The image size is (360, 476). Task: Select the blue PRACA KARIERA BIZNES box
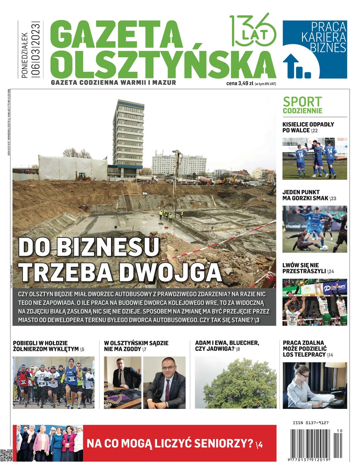click(x=314, y=49)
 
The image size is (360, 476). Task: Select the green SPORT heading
click(x=302, y=102)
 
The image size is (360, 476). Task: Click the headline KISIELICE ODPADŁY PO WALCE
click(x=308, y=127)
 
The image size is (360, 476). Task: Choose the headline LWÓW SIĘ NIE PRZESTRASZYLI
click(x=308, y=268)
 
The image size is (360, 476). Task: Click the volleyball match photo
click(x=314, y=302)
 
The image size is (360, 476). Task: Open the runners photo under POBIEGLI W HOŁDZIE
click(x=54, y=382)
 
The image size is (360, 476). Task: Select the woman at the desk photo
click(x=314, y=385)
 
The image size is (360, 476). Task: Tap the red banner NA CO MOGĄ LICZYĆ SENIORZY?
click(x=174, y=443)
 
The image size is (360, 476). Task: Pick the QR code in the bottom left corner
click(x=7, y=455)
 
